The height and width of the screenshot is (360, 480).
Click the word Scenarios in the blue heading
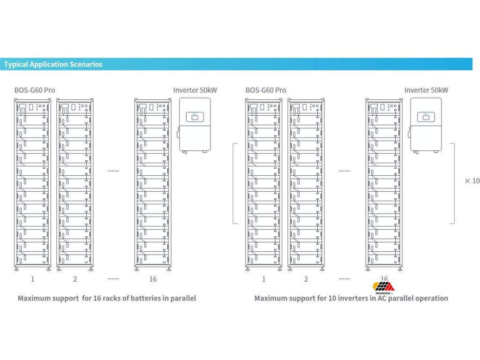click(x=85, y=64)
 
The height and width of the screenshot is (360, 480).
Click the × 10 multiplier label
click(x=472, y=181)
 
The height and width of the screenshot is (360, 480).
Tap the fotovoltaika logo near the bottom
click(x=383, y=286)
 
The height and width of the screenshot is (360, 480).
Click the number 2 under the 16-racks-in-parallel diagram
click(x=75, y=279)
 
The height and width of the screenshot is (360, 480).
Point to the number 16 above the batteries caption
click(x=153, y=279)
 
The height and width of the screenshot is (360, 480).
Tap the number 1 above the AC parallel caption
click(x=263, y=279)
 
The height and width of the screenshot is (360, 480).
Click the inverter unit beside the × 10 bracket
click(x=426, y=125)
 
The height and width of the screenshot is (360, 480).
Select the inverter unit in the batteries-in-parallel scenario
click(x=195, y=125)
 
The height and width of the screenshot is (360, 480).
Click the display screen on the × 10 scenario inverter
click(x=426, y=116)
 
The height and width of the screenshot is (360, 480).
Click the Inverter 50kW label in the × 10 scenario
click(x=426, y=90)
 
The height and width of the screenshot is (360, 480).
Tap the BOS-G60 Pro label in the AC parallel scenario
click(x=266, y=90)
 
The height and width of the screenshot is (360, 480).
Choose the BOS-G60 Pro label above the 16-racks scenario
click(x=35, y=90)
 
